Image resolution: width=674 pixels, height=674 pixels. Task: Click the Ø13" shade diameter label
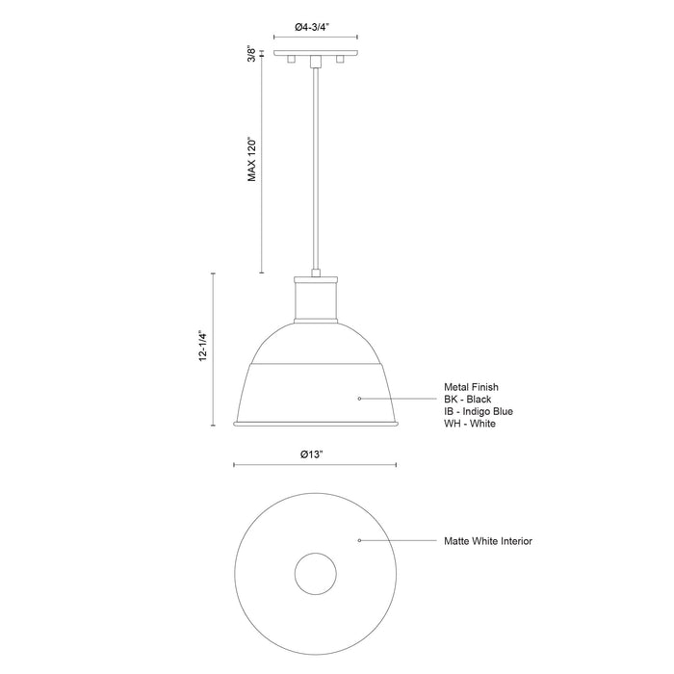316,454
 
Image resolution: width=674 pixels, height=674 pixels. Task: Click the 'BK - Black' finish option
469,399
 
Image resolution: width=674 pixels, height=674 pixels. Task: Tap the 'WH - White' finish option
470,424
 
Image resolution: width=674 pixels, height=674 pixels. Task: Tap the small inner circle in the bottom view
316,576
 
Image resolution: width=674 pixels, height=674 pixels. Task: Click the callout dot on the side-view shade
359,398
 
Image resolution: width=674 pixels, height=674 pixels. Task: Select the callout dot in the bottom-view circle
359,541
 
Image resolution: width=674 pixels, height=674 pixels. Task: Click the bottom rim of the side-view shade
316,425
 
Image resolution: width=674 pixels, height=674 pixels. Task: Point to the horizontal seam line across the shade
316,365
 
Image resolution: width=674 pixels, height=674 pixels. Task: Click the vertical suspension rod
316,173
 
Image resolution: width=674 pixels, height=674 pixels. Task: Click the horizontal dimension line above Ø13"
316,467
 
